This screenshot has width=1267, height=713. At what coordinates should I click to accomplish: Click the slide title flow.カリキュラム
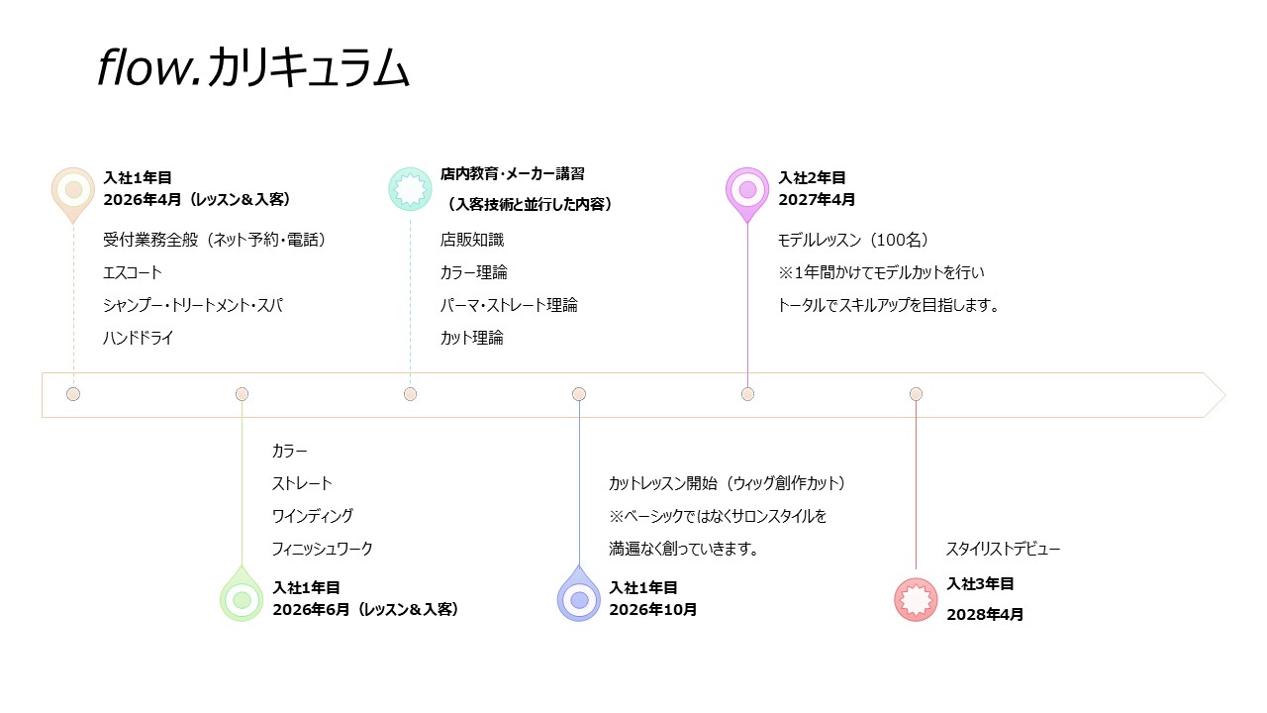pyautogui.click(x=253, y=69)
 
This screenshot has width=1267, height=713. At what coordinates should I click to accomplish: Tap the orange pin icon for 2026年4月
pyautogui.click(x=73, y=189)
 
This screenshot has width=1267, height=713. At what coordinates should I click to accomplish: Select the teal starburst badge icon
pyautogui.click(x=410, y=188)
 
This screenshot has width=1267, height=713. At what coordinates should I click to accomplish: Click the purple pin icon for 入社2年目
pyautogui.click(x=747, y=189)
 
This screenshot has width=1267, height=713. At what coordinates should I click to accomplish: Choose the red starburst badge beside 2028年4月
pyautogui.click(x=916, y=599)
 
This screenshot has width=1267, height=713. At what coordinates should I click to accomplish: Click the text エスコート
pyautogui.click(x=133, y=272)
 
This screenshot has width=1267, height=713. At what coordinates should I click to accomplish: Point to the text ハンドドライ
pyautogui.click(x=139, y=338)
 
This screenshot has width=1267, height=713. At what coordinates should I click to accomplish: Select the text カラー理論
pyautogui.click(x=474, y=272)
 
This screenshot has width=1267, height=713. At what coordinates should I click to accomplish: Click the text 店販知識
pyautogui.click(x=472, y=240)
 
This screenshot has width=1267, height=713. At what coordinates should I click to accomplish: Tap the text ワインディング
pyautogui.click(x=313, y=516)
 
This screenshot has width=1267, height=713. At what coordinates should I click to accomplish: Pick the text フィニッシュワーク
pyautogui.click(x=323, y=549)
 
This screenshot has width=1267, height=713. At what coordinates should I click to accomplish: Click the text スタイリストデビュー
pyautogui.click(x=1004, y=549)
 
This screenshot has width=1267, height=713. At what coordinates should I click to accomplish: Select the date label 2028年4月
pyautogui.click(x=985, y=614)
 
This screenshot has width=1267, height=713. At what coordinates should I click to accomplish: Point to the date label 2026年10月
pyautogui.click(x=653, y=610)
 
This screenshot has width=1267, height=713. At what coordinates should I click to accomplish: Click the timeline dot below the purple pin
pyautogui.click(x=747, y=394)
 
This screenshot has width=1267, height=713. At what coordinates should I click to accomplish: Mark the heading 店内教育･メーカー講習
pyautogui.click(x=513, y=173)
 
